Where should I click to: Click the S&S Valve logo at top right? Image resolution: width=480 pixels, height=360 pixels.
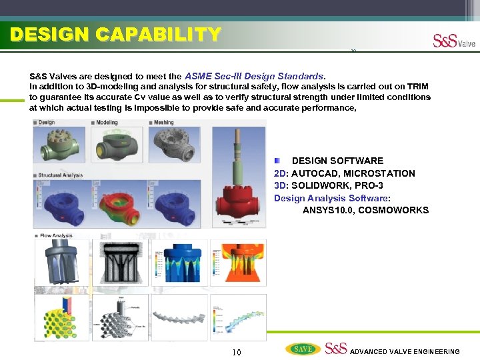pyautogui.click(x=454, y=41)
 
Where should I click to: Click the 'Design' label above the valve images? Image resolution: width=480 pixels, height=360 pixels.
pyautogui.click(x=46, y=123)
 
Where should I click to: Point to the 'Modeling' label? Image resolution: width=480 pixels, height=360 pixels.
pyautogui.click(x=106, y=123)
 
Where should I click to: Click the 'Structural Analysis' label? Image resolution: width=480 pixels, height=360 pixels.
pyautogui.click(x=60, y=175)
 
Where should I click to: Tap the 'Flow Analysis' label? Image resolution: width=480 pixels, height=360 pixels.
pyautogui.click(x=55, y=235)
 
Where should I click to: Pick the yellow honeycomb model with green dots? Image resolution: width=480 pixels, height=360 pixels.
pyautogui.click(x=61, y=317)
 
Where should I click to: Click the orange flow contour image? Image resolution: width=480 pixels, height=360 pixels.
pyautogui.click(x=238, y=261)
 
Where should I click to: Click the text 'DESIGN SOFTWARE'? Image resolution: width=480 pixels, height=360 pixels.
pyautogui.click(x=337, y=161)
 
